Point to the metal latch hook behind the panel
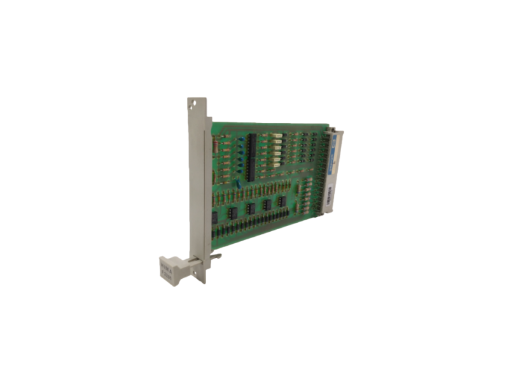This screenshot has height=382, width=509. tap(216, 257)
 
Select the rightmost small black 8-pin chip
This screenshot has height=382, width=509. tap(281, 201)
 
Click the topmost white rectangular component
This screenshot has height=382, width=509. tap(275, 136)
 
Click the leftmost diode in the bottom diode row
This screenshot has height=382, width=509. tap(218, 229)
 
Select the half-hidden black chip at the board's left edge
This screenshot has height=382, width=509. tap(214, 217)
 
